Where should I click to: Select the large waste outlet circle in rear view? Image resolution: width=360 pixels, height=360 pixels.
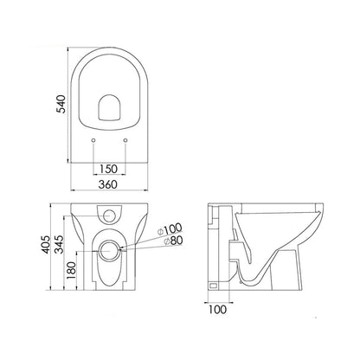[109, 251]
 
